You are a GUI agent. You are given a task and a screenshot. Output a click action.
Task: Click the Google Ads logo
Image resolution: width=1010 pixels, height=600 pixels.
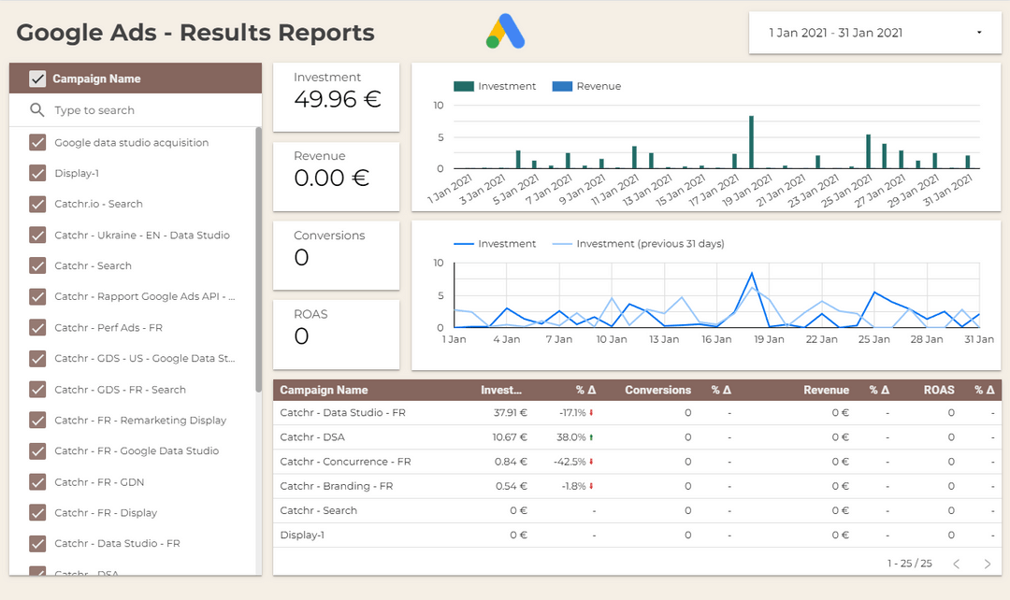[x=505, y=32]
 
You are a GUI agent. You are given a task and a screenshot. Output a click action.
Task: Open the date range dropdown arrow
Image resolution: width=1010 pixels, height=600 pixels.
[x=979, y=33]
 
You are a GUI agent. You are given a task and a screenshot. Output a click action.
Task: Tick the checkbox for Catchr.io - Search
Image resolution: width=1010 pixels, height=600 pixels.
[x=37, y=204]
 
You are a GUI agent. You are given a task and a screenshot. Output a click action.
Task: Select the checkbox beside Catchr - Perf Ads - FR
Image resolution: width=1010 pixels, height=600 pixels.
[x=37, y=328]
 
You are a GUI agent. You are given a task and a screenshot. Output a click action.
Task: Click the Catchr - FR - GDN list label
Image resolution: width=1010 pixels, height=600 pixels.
[x=99, y=482]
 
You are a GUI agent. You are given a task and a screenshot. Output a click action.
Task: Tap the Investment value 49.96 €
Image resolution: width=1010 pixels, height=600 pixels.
[x=338, y=99]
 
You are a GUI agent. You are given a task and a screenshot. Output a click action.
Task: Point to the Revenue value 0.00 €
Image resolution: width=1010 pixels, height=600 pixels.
[x=331, y=178]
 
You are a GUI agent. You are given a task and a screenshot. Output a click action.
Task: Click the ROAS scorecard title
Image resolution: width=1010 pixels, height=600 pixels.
[x=310, y=314]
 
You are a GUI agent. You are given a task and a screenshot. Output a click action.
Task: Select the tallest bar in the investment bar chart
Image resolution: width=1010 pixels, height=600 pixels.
[x=751, y=142]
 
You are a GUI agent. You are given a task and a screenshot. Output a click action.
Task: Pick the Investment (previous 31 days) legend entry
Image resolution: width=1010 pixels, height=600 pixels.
[x=650, y=244]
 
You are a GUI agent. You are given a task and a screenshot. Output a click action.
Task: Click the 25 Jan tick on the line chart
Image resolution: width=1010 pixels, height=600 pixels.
[x=875, y=339]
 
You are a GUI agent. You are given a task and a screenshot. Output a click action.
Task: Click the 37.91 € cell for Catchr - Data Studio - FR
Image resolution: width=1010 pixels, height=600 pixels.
[x=511, y=412]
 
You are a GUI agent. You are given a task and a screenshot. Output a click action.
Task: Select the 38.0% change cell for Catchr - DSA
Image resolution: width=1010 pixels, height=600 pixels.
[x=570, y=436]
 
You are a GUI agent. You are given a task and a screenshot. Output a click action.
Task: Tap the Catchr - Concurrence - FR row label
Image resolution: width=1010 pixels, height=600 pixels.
[x=345, y=462]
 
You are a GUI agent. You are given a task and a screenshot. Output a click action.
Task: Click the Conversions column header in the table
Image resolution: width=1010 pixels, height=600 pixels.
[x=657, y=390]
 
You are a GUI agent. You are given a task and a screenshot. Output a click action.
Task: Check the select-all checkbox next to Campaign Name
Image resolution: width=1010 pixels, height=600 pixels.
[x=37, y=79]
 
